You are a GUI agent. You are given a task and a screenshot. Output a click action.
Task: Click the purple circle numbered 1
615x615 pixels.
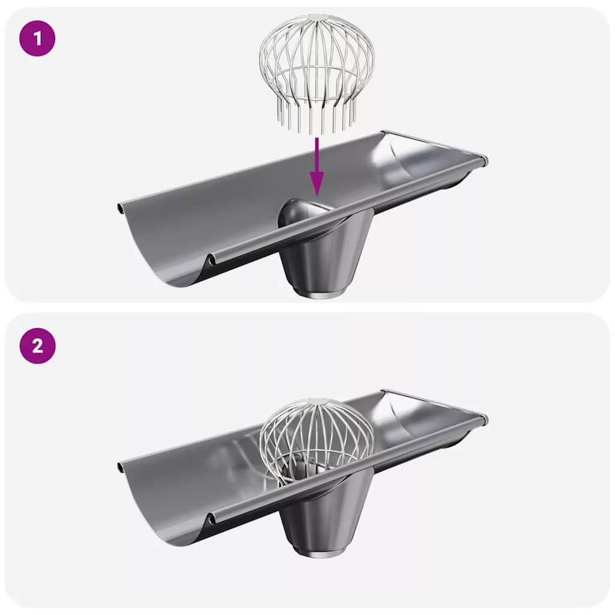[37, 39]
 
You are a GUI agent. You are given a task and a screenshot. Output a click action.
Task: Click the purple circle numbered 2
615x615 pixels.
[37, 346]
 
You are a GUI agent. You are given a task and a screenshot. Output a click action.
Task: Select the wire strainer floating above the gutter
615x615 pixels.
[317, 73]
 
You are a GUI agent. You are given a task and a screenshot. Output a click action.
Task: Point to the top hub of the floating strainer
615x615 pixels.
[318, 17]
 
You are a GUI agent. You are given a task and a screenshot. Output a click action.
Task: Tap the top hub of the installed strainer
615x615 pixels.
[318, 402]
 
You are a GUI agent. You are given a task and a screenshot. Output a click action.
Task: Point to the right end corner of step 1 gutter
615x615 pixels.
[485, 161]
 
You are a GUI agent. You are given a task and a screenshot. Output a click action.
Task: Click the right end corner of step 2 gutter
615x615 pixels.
[485, 420]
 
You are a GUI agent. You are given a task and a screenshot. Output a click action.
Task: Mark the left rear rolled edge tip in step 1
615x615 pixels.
[120, 207]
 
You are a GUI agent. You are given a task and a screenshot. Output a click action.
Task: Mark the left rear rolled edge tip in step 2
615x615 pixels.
[120, 467]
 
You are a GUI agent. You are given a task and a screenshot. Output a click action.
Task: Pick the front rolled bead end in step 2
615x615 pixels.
[212, 518]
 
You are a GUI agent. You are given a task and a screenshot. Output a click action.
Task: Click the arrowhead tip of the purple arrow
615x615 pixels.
[317, 196]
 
